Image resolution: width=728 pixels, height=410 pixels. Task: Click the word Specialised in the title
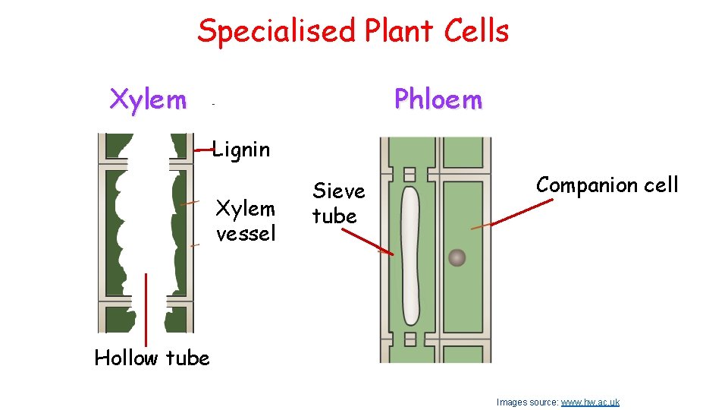[x=276, y=32]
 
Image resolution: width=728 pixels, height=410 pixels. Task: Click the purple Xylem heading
[x=148, y=99]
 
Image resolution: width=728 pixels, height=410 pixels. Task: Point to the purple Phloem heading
[x=438, y=99]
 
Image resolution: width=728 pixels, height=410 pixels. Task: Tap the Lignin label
[x=240, y=150]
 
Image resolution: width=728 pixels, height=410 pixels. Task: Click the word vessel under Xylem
[x=246, y=233]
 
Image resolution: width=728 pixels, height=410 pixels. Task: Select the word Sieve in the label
[x=339, y=191]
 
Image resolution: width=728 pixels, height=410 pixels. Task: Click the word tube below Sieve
[x=334, y=216]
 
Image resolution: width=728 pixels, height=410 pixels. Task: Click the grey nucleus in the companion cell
[x=457, y=258]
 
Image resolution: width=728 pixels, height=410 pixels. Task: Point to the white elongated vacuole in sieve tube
[x=409, y=254]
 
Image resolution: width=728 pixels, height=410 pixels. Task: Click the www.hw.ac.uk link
[x=590, y=402]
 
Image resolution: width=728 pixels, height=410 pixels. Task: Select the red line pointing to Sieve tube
[x=367, y=240]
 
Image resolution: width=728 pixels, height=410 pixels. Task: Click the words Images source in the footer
[x=527, y=402]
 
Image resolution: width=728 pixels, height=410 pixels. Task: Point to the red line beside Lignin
[x=202, y=151]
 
